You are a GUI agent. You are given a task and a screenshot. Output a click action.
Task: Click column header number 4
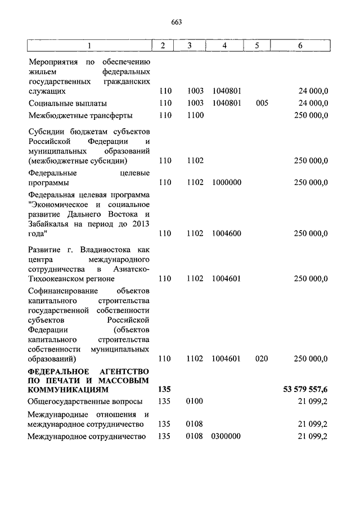[224, 46]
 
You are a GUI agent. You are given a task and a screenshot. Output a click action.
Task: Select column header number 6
[300, 46]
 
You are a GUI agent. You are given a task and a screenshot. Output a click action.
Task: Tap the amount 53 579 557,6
[305, 389]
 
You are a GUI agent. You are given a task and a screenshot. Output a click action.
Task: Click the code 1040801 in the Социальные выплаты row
[227, 103]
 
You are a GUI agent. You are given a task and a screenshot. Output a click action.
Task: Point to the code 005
[262, 103]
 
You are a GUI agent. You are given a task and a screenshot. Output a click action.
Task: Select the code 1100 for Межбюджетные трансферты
[195, 115]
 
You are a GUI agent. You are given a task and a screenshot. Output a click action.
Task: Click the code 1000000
[227, 182]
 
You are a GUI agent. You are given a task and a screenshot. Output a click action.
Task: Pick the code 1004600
[227, 233]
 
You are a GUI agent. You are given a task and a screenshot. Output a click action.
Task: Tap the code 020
[262, 358]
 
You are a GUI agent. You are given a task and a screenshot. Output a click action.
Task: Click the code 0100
[195, 401]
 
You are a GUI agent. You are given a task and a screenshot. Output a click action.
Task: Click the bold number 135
[164, 389]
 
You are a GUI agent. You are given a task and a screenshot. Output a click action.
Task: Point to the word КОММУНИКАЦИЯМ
[67, 389]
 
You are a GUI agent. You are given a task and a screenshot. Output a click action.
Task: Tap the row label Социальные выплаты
[67, 103]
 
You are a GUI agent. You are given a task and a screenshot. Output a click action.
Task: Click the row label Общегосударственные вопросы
[85, 401]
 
